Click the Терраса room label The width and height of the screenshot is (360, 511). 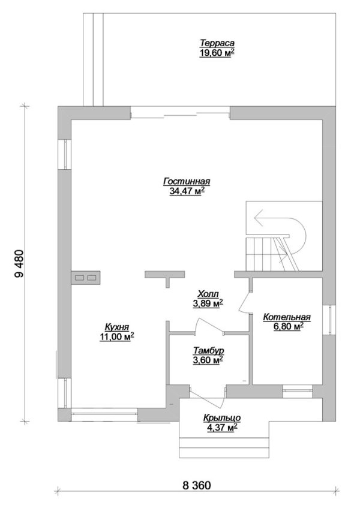tap(217, 43)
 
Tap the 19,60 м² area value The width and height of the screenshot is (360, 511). tap(217, 53)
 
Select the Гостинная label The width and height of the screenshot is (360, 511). tap(187, 181)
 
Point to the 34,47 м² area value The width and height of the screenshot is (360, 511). tap(187, 191)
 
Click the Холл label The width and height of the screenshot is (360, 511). tap(208, 294)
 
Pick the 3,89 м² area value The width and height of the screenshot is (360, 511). tap(208, 303)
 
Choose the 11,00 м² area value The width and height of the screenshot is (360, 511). tap(117, 337)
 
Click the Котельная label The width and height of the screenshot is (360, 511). tap(287, 317)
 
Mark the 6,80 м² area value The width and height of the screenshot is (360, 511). tap(287, 327)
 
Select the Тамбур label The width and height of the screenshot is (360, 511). tap(208, 351)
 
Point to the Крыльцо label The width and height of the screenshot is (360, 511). tap(222, 417)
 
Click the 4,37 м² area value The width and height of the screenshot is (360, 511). tap(222, 428)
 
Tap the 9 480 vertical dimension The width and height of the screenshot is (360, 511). tap(19, 264)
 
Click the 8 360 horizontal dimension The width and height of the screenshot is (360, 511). tap(196, 485)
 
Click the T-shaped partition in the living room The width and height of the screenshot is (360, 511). tap(165, 278)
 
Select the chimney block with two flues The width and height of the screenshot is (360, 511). tap(85, 278)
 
